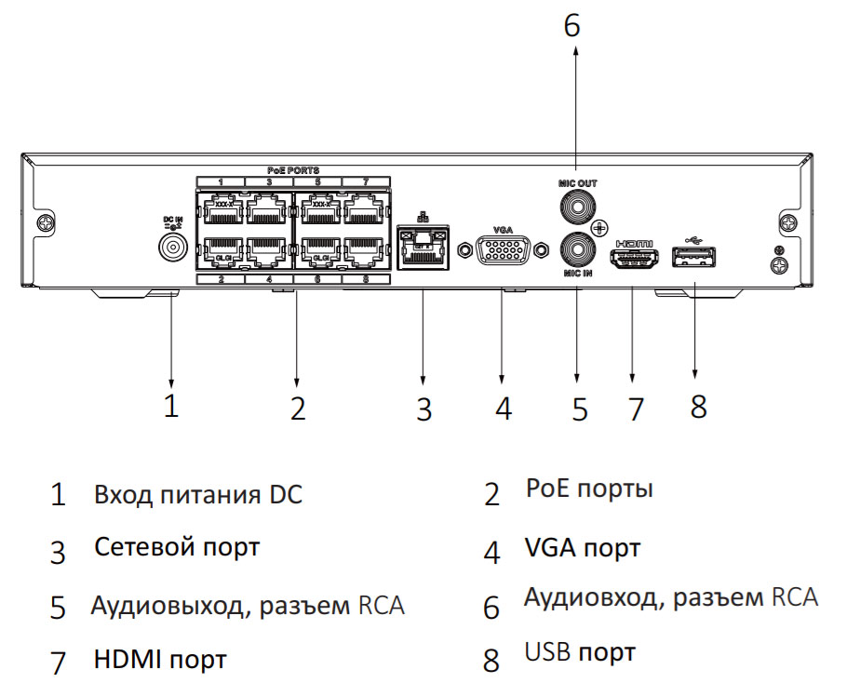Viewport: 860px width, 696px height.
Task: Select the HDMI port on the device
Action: pos(634,259)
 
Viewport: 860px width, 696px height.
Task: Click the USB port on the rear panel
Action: pos(695,256)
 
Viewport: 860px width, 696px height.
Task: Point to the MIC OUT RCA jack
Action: pos(577,205)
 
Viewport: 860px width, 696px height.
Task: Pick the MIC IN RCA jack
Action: pos(577,250)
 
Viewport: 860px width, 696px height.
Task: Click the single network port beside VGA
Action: pos(423,247)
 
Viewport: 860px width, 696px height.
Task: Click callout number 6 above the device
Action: pos(571,26)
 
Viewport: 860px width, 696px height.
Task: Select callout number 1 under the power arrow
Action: pos(171,406)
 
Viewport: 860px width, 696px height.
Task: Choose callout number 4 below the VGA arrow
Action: pos(504,408)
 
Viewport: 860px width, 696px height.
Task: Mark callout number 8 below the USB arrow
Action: pos(698,406)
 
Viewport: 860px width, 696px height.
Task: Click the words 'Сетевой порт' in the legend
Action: pos(177,547)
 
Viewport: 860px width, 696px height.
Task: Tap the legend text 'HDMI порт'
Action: pos(160,661)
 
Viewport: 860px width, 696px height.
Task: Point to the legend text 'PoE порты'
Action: pos(589,489)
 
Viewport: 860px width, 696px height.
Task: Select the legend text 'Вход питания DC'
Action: pos(197,494)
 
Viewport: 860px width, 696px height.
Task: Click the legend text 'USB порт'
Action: pos(580,652)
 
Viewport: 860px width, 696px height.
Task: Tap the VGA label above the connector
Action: pos(503,228)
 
